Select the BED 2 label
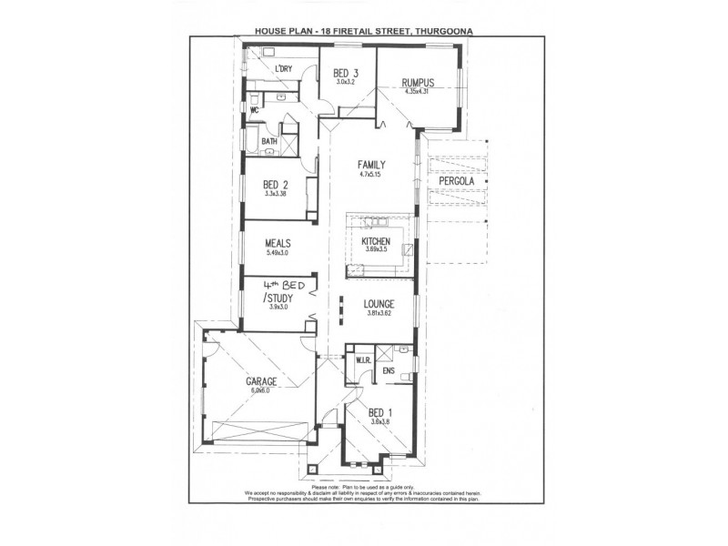(x=276, y=184)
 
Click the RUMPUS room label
(x=417, y=83)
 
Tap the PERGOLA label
(x=457, y=181)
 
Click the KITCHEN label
(x=376, y=241)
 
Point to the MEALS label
(x=278, y=243)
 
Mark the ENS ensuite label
(x=389, y=370)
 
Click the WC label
(x=256, y=111)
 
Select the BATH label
(x=269, y=142)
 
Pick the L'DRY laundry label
(x=283, y=69)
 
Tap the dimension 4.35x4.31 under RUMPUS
(x=417, y=91)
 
